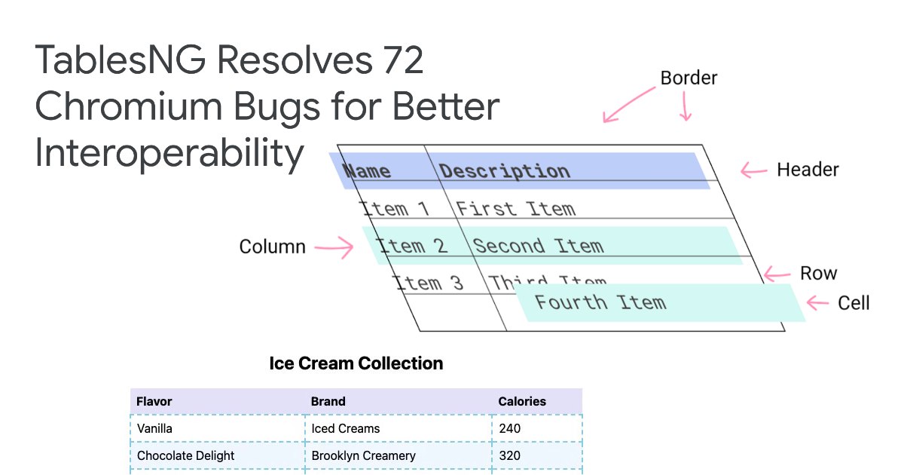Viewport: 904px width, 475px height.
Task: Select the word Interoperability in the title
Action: (x=169, y=154)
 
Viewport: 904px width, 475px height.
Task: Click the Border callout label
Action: (x=689, y=78)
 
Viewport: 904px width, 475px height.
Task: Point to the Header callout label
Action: (x=808, y=170)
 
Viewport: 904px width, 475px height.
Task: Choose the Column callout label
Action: (x=272, y=247)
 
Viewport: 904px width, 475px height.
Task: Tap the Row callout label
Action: (x=818, y=273)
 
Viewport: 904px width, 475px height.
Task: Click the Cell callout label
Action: (x=854, y=303)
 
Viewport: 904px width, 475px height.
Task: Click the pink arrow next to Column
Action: (x=334, y=247)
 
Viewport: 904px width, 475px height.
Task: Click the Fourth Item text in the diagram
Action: (x=600, y=303)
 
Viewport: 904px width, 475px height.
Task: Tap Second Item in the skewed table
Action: (x=538, y=246)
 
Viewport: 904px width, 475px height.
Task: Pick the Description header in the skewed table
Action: (x=505, y=171)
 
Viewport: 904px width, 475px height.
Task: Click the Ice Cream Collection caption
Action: (x=356, y=363)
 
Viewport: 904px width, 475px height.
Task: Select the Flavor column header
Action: (x=154, y=401)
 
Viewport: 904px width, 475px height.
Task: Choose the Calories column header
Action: (x=522, y=401)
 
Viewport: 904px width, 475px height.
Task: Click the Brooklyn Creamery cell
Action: (x=363, y=455)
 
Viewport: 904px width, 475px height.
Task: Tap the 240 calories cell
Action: (x=509, y=428)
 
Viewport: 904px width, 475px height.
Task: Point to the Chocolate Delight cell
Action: (x=185, y=455)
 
